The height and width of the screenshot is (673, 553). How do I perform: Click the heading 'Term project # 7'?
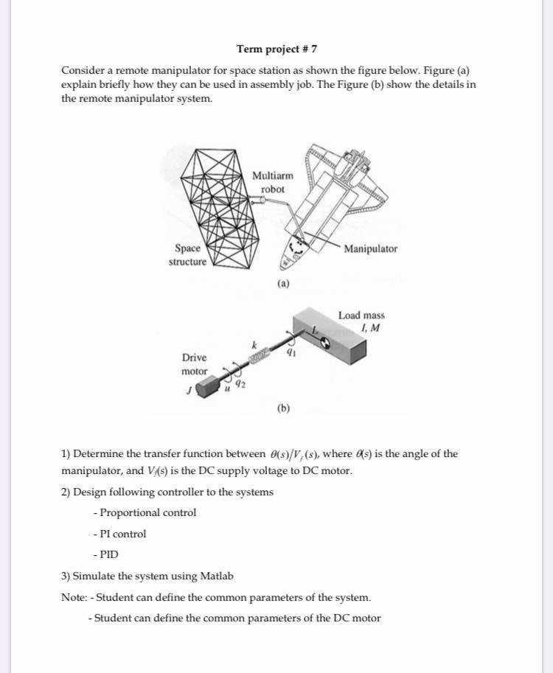276,49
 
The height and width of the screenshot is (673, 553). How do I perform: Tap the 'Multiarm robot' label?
272,182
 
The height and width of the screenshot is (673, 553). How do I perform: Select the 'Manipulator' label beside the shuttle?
370,249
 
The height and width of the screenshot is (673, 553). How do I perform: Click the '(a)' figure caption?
284,283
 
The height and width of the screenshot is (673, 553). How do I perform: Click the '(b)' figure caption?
284,407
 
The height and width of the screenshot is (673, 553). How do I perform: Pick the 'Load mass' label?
361,315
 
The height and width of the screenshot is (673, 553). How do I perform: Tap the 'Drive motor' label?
195,364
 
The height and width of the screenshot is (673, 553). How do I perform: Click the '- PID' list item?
106,554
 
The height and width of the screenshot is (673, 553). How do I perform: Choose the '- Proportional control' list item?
145,512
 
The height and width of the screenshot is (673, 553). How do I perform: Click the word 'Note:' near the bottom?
74,596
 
